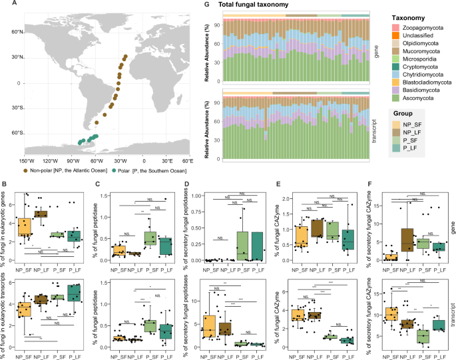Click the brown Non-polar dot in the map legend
(x=7, y=170)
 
